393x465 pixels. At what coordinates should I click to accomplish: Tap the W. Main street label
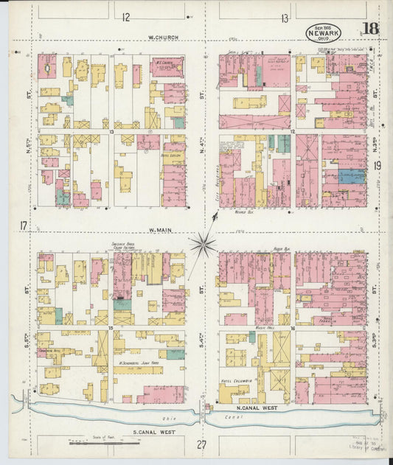160,230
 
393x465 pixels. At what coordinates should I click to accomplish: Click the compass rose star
202,245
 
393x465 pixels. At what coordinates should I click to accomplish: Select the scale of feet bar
93,444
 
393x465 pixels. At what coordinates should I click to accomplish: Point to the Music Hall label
265,326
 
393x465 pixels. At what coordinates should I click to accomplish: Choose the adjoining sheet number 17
24,225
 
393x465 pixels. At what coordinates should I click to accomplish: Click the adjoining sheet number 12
126,17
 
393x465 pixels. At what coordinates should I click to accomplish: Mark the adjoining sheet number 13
284,18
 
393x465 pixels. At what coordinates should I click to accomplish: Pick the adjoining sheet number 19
377,167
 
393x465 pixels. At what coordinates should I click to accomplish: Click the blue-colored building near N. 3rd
351,176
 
